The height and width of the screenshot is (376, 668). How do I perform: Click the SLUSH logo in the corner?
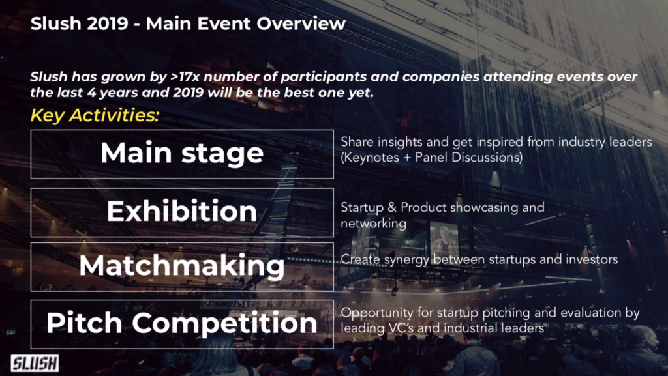pyautogui.click(x=35, y=363)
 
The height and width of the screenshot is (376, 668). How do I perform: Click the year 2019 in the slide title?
pyautogui.click(x=106, y=23)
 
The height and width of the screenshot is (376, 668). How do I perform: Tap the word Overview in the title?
pyautogui.click(x=301, y=23)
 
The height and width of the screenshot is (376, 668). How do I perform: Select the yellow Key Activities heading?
pyautogui.click(x=95, y=115)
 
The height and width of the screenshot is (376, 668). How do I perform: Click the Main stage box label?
pyautogui.click(x=182, y=153)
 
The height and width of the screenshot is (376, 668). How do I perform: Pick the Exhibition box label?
pyautogui.click(x=182, y=210)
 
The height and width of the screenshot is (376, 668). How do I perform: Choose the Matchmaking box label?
pyautogui.click(x=182, y=266)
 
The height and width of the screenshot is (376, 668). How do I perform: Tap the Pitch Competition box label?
pyautogui.click(x=182, y=324)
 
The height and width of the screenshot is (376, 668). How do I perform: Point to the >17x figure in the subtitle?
pyautogui.click(x=185, y=77)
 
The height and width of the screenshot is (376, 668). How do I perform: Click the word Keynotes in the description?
pyautogui.click(x=371, y=158)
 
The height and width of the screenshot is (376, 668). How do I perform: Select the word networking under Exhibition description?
pyautogui.click(x=374, y=224)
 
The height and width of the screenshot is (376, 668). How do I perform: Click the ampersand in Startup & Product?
pyautogui.click(x=392, y=208)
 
